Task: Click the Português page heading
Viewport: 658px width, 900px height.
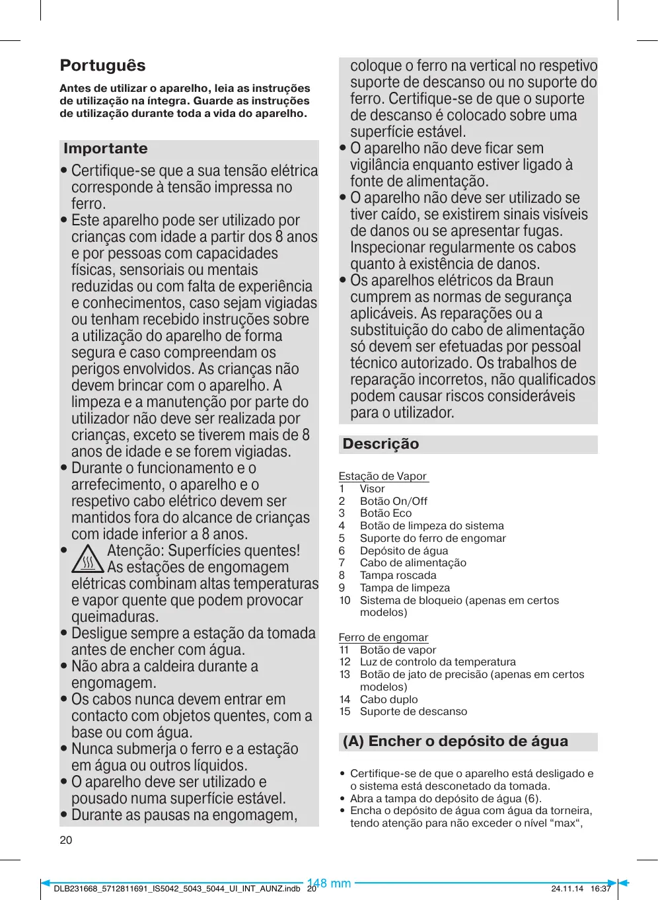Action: click(102, 65)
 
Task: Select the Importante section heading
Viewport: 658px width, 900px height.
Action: click(106, 149)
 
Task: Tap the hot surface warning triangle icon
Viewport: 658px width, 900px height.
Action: click(88, 559)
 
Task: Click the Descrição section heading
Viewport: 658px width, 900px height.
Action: click(381, 444)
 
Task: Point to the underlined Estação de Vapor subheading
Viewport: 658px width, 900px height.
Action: click(383, 476)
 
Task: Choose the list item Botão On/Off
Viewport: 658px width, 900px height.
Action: click(393, 501)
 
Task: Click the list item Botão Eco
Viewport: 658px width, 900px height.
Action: click(385, 513)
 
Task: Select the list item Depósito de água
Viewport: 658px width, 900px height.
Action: click(404, 550)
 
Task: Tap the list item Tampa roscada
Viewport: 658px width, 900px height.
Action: click(398, 576)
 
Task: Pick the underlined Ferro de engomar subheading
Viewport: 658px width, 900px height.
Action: click(383, 637)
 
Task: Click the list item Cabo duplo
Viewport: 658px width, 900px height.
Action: click(388, 699)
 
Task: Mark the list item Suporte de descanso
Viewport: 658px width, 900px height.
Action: click(413, 712)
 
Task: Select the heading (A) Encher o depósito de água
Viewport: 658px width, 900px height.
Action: click(455, 741)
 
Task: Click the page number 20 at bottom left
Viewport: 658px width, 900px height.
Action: click(66, 840)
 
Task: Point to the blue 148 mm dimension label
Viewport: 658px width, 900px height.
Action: click(329, 883)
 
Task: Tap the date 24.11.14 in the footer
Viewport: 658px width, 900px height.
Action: click(567, 889)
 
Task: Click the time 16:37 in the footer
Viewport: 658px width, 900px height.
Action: click(601, 889)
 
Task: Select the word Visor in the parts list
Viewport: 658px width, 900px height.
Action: click(372, 488)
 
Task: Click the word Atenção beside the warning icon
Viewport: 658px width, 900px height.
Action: click(135, 550)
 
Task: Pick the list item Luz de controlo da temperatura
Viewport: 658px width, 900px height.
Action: click(437, 661)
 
